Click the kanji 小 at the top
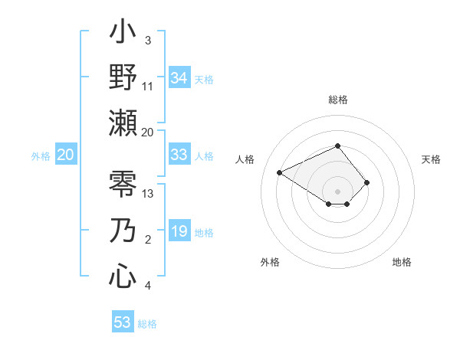click(x=123, y=34)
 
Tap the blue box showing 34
click(x=179, y=78)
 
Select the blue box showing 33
click(x=179, y=155)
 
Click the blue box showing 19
click(x=179, y=232)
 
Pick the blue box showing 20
click(x=65, y=155)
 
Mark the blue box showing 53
click(x=123, y=322)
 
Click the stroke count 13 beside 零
click(x=149, y=193)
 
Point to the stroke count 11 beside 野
click(x=149, y=87)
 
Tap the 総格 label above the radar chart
click(x=338, y=100)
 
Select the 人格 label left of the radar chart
click(x=245, y=159)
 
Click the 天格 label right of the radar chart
click(x=431, y=159)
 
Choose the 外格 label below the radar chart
click(x=270, y=262)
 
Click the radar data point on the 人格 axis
click(x=280, y=172)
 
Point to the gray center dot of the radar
click(x=338, y=191)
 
